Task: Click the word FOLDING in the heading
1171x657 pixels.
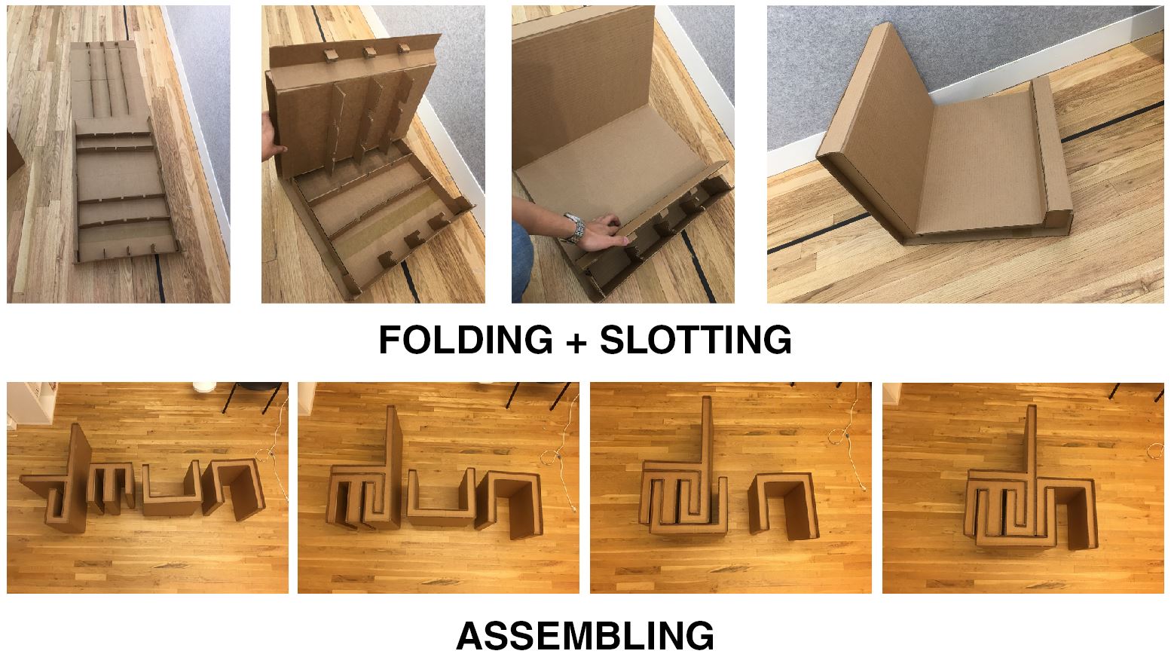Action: pyautogui.click(x=466, y=340)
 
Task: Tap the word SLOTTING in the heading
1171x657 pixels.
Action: pyautogui.click(x=696, y=340)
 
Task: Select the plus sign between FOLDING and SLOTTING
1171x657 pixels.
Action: pyautogui.click(x=576, y=341)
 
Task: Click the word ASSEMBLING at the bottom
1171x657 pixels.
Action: pyautogui.click(x=585, y=635)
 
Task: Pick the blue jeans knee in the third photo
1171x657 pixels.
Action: pyautogui.click(x=521, y=261)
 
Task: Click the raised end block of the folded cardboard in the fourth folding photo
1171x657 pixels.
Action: pyautogui.click(x=1050, y=157)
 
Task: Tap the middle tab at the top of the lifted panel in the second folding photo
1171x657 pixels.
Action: pyautogui.click(x=368, y=52)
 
